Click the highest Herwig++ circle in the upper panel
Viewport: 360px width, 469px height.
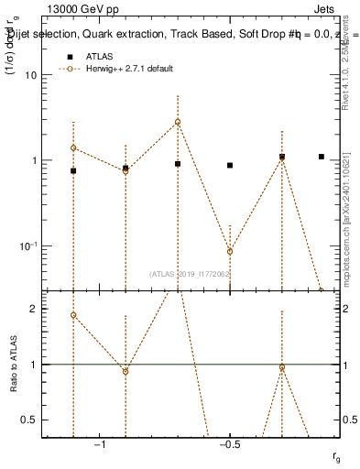coord(178,122)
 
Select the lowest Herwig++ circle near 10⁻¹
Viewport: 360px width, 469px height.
coord(230,251)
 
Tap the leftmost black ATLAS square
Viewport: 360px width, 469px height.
coord(73,170)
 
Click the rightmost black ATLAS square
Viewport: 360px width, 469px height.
coord(322,157)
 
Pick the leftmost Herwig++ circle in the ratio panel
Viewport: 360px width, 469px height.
coord(73,315)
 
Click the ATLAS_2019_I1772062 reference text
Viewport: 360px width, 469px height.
coord(191,274)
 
